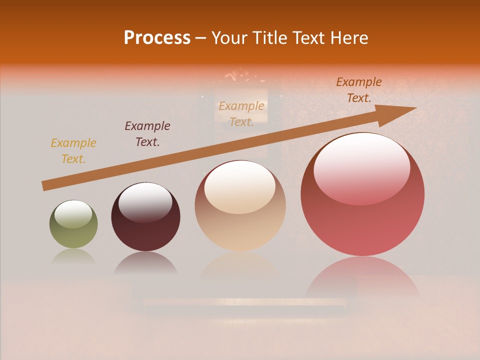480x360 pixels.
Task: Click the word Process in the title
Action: pos(157,37)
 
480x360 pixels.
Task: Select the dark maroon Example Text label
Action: pos(147,134)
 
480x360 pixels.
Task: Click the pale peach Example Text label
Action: pos(241,114)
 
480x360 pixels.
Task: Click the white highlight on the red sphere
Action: pos(361,167)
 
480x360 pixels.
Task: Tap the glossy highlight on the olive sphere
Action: pos(73,214)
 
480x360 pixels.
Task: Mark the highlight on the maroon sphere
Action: pos(145,202)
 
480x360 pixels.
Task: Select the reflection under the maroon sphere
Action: pos(145,263)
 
